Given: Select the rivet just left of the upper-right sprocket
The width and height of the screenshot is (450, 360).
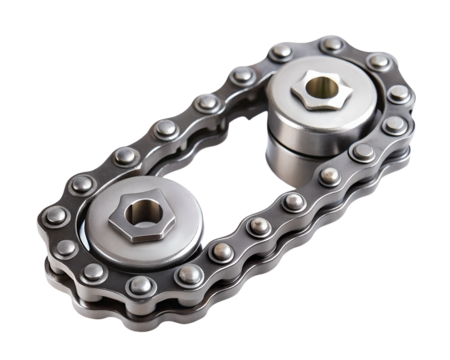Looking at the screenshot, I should tap(243, 77).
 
